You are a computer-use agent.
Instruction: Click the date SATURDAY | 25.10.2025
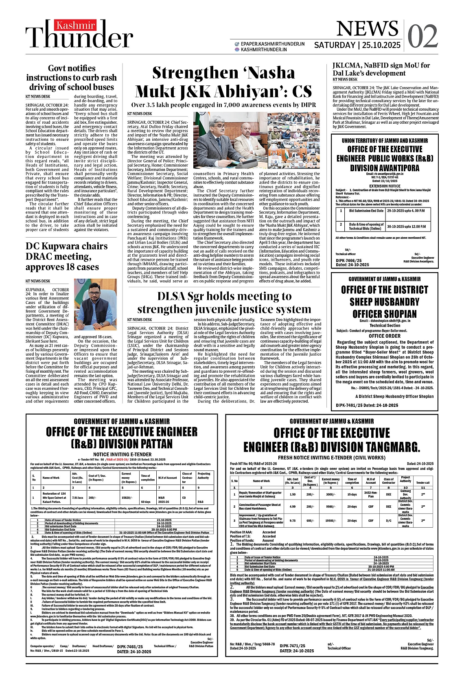[x=357, y=45]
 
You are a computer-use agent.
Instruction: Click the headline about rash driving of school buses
[x=72, y=78]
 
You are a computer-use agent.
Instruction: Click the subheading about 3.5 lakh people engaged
[x=223, y=105]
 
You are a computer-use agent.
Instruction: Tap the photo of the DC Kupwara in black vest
[x=95, y=305]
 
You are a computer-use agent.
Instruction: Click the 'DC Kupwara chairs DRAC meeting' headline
[x=67, y=256]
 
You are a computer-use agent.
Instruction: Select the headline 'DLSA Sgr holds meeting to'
[x=224, y=296]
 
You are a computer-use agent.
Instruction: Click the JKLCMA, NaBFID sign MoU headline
[x=381, y=69]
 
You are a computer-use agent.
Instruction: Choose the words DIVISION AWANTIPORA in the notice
[x=385, y=168]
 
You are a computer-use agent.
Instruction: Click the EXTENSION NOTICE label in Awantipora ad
[x=385, y=186]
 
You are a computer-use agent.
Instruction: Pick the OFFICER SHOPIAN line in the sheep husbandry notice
[x=384, y=314]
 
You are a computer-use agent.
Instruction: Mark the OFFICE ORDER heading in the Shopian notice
[x=385, y=336]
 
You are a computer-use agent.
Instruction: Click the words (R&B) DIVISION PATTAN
[x=121, y=443]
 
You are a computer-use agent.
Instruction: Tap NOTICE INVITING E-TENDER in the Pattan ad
[x=122, y=454]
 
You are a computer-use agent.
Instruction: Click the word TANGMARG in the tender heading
[x=384, y=447]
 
